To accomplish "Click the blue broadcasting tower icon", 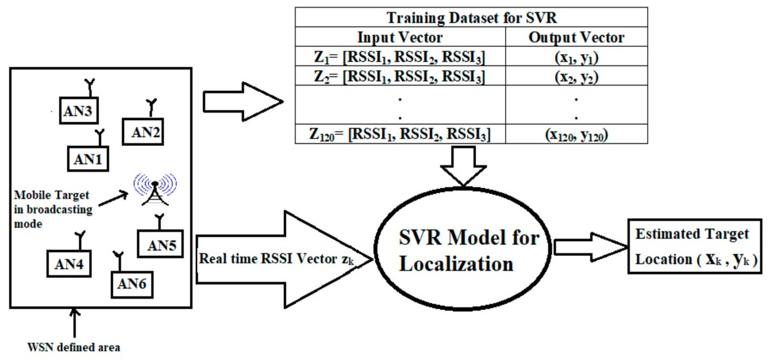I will click(x=154, y=190).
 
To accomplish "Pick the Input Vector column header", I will click(x=400, y=38).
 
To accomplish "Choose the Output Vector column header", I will click(x=576, y=38).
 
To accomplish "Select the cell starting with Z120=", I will click(x=400, y=134).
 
